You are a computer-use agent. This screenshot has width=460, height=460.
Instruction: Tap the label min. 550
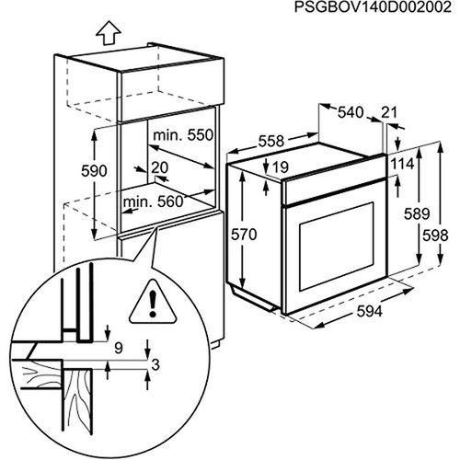pyautogui.click(x=183, y=135)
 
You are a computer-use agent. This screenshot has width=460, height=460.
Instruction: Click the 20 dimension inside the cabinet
pyautogui.click(x=161, y=167)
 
